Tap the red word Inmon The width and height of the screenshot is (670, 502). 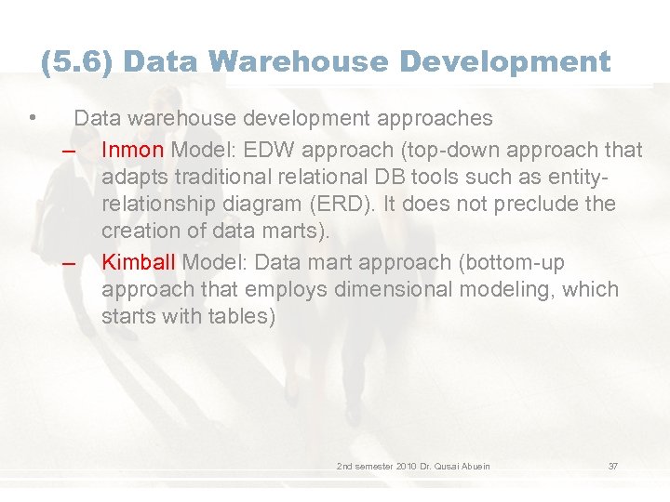[x=133, y=149]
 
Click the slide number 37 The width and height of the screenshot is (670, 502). [x=613, y=466]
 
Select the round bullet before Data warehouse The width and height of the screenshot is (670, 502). [x=33, y=118]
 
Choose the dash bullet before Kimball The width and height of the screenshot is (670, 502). [x=69, y=264]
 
